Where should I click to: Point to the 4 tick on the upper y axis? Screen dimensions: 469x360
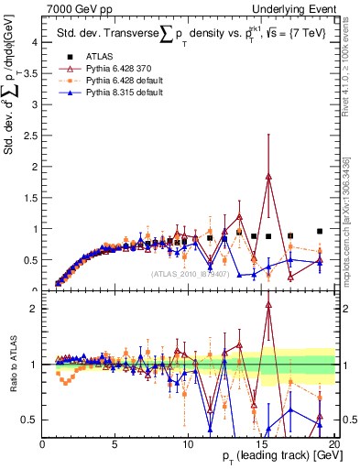[34, 42]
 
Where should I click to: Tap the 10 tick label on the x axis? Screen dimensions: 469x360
[188, 444]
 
